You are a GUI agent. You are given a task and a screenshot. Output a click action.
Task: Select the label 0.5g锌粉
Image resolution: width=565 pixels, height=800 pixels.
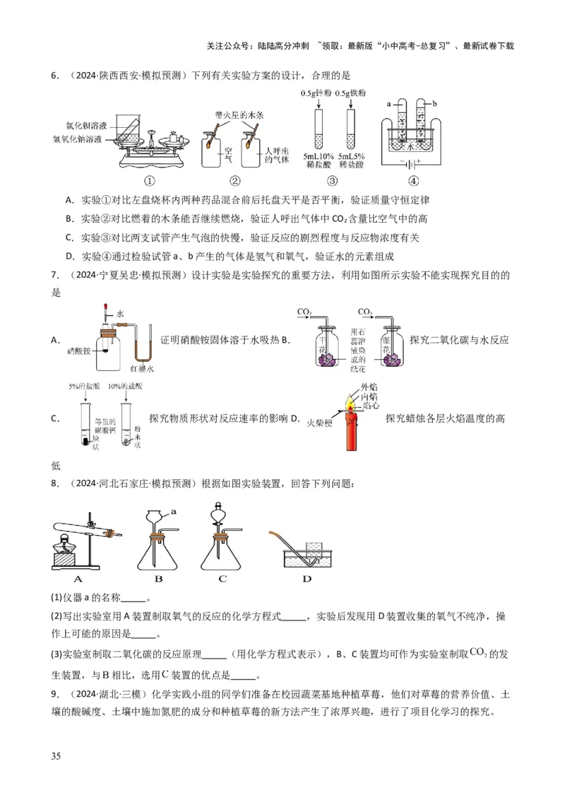click(x=316, y=93)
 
